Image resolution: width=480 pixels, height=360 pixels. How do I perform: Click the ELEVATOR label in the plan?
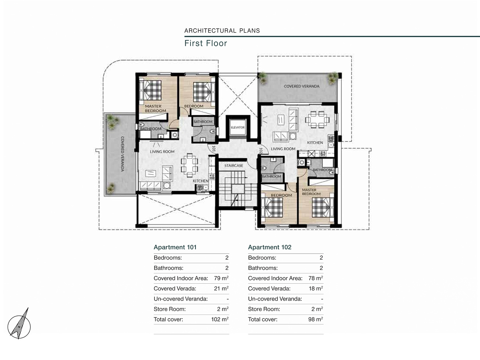(x=237, y=127)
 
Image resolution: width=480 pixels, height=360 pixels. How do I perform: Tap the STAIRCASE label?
(x=233, y=166)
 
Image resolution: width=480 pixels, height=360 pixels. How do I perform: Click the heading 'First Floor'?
(x=206, y=43)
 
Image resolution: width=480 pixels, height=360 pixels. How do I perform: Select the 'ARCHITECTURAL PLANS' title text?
(x=222, y=30)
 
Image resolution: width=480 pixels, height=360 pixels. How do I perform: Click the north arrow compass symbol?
(x=19, y=324)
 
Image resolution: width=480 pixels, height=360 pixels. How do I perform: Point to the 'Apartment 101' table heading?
(x=175, y=247)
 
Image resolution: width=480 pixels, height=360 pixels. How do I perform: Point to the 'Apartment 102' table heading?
(x=270, y=247)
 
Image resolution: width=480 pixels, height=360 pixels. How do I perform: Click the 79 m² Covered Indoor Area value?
(x=221, y=278)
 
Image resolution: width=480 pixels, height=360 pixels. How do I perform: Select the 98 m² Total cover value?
(x=316, y=319)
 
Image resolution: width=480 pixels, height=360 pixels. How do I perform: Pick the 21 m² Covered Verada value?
(x=221, y=288)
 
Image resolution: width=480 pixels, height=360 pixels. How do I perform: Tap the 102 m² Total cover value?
(x=220, y=319)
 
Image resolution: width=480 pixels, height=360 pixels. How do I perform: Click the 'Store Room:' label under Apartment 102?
(x=264, y=309)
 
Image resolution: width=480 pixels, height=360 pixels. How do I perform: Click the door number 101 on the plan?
(x=214, y=149)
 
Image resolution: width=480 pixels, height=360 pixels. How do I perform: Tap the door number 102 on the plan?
(x=261, y=150)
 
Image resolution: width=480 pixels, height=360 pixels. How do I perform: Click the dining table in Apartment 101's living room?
(x=189, y=165)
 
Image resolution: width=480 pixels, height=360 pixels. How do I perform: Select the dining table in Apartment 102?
(x=317, y=120)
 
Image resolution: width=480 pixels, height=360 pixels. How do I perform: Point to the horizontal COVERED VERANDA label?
(x=302, y=86)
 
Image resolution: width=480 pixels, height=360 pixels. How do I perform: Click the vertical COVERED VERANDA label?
(x=123, y=154)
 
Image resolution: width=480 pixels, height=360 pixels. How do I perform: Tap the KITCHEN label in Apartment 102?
(x=315, y=142)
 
